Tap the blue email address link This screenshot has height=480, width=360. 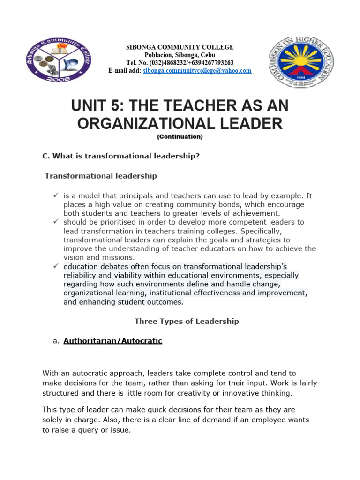point(197,71)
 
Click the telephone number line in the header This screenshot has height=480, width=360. point(180,63)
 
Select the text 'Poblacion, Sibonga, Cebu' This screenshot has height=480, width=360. point(180,55)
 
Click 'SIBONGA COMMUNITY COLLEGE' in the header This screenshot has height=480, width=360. point(180,47)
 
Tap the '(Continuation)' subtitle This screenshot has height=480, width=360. point(180,137)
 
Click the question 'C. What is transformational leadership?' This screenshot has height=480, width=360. point(121,156)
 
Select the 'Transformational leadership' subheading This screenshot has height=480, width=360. point(101,176)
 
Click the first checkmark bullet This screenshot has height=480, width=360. point(55,195)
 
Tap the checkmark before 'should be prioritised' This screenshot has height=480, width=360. point(55,222)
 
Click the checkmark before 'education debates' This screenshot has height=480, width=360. point(55,266)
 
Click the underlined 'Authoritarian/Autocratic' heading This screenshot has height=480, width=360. point(112,341)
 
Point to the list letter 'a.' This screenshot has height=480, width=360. point(56,341)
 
